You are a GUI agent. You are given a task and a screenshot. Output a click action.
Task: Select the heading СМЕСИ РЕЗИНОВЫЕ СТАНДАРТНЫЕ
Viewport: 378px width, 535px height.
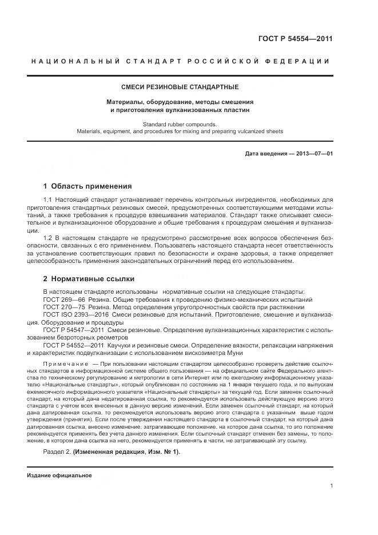click(x=180, y=87)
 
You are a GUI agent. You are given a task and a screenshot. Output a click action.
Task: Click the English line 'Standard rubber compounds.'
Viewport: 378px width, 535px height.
click(x=180, y=123)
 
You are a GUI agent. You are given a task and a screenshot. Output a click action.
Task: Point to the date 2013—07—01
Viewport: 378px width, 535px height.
click(x=314, y=154)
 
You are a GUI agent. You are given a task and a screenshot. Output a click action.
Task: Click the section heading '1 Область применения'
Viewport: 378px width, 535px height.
click(x=87, y=186)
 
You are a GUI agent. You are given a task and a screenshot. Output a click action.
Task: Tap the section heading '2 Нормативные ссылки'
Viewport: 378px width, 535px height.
click(x=89, y=279)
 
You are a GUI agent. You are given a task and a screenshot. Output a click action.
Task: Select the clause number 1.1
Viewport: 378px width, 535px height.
click(x=49, y=199)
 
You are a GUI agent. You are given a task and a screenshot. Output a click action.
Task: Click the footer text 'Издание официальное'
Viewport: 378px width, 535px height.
click(x=59, y=476)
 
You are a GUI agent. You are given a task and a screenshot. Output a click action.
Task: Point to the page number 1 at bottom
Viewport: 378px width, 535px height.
click(x=331, y=485)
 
